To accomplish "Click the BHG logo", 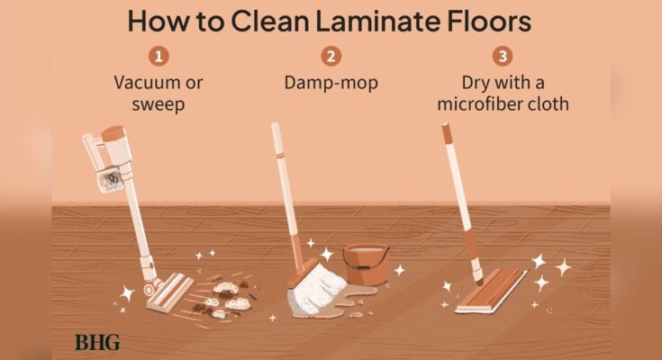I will [x=96, y=342].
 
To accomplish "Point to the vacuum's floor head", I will [x=171, y=290].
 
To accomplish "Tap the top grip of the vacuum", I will [x=111, y=133].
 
